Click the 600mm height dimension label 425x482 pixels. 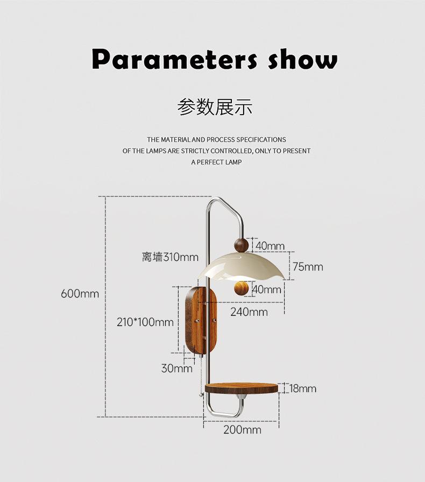pos(80,294)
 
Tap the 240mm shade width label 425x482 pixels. pos(249,311)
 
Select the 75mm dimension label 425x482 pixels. pos(307,267)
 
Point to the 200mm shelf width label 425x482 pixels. pos(242,430)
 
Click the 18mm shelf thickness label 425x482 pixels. pos(302,388)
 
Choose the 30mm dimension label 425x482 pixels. pos(176,368)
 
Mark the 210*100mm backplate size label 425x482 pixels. pos(145,322)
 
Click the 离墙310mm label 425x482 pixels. pos(170,257)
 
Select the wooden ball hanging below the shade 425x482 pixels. pos(242,288)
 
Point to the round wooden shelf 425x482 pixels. pos(242,388)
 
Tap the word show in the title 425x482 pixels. pos(303,59)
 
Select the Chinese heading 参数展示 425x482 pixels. pos(215,107)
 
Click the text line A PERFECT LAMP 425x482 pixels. pos(216,162)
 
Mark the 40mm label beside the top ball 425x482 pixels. pos(270,246)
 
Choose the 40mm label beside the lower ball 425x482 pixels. pos(267,289)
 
